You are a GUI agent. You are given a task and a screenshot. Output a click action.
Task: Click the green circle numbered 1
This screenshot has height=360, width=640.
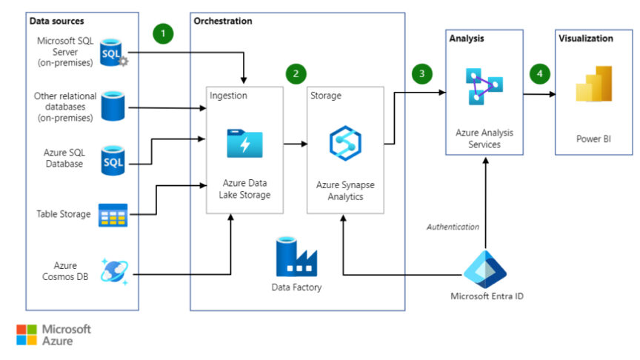(x=163, y=34)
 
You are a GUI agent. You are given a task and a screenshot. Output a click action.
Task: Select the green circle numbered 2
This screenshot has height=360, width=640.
(x=296, y=73)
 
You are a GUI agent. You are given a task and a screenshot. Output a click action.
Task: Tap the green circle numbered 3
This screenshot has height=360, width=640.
(x=422, y=73)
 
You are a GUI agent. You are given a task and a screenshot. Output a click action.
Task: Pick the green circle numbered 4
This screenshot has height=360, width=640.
(x=541, y=73)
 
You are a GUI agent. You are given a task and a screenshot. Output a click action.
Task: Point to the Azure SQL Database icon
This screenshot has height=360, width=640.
(x=113, y=160)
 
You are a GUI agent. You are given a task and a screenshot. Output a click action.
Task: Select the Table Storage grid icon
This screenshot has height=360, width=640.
(x=113, y=215)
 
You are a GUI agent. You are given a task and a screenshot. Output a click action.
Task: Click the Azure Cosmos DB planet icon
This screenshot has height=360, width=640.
(x=114, y=272)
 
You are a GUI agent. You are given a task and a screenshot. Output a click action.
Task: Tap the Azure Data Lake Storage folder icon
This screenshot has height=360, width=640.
(x=244, y=143)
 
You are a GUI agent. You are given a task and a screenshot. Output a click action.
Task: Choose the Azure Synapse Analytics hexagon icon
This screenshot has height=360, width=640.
(x=345, y=144)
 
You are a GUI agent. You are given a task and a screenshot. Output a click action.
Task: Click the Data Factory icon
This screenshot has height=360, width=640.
(x=297, y=256)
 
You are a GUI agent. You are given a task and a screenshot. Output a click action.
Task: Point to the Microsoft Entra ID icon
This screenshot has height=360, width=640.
(x=484, y=267)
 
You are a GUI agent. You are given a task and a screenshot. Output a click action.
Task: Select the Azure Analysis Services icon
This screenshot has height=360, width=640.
(x=484, y=87)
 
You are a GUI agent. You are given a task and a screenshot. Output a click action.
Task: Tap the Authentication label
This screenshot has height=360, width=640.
(x=453, y=227)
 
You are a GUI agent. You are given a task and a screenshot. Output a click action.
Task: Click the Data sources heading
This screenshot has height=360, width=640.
(x=57, y=21)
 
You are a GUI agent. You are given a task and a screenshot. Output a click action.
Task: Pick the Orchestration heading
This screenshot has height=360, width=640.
(x=222, y=21)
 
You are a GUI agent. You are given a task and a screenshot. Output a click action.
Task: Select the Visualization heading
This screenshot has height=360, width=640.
(x=586, y=38)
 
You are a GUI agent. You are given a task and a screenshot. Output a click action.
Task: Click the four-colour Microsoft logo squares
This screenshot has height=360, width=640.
(x=26, y=335)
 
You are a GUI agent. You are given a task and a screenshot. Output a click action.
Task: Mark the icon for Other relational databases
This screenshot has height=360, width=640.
(x=113, y=105)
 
